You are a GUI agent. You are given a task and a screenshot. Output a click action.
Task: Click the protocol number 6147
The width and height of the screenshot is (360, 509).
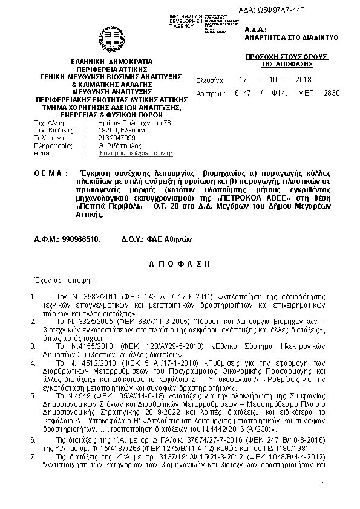[x=243, y=93]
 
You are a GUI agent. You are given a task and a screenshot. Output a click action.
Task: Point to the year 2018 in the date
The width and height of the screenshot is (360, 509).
[x=303, y=80]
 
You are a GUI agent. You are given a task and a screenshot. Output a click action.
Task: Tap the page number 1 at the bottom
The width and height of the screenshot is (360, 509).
[x=324, y=501]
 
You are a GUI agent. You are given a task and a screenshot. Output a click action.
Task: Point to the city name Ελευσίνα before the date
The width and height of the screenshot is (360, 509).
[x=210, y=80]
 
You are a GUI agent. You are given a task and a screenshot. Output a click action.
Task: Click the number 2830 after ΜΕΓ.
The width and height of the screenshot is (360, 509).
[x=332, y=93]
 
